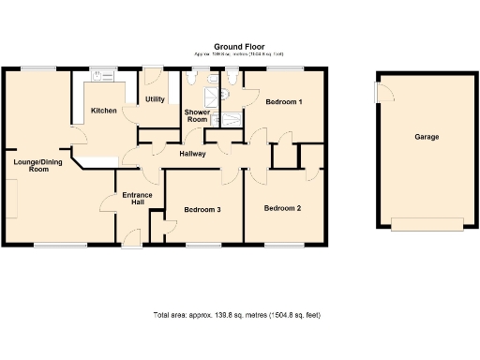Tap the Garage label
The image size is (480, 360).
[427, 137]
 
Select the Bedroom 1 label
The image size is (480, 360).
[283, 100]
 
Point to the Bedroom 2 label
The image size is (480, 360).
[282, 207]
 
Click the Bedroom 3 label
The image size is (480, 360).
[202, 209]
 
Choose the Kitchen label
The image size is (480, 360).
[104, 111]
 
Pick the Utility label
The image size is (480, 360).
[155, 99]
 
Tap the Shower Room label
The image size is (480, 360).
[197, 116]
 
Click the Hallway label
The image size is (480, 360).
[192, 154]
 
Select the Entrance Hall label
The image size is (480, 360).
[137, 199]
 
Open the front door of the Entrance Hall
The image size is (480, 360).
[132, 243]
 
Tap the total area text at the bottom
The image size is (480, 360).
[239, 315]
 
